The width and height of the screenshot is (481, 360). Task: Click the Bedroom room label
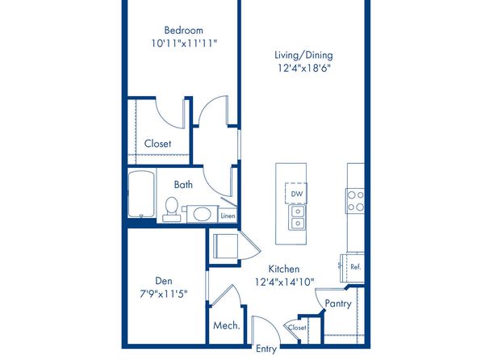[x=183, y=30]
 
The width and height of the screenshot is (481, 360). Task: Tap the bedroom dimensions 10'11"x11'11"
[x=184, y=43]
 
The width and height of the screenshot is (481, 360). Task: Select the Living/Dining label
[x=303, y=55]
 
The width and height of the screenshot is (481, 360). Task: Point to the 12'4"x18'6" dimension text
[x=304, y=68]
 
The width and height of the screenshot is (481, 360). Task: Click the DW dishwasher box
[x=296, y=194]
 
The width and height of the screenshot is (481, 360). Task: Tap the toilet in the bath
[x=171, y=209]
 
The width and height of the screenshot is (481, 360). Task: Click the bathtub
[x=141, y=194]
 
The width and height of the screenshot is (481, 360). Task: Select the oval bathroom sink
[x=202, y=214]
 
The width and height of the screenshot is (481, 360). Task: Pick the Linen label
[x=228, y=216]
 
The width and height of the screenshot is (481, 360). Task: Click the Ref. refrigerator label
[x=356, y=266]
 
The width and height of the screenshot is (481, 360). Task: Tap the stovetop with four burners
[x=355, y=201]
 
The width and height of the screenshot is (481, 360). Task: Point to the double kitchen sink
[x=297, y=217]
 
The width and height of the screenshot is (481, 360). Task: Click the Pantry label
[x=338, y=303]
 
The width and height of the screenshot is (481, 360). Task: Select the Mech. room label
[x=227, y=325]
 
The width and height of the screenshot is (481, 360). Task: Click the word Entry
[x=266, y=349]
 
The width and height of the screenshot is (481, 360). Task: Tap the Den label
[x=164, y=281]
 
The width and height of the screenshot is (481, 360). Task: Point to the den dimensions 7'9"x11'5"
[x=164, y=294]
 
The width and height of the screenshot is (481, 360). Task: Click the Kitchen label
[x=284, y=269]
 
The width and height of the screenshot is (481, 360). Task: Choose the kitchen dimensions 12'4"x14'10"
[x=285, y=282]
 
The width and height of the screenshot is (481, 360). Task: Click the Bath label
[x=183, y=185]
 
